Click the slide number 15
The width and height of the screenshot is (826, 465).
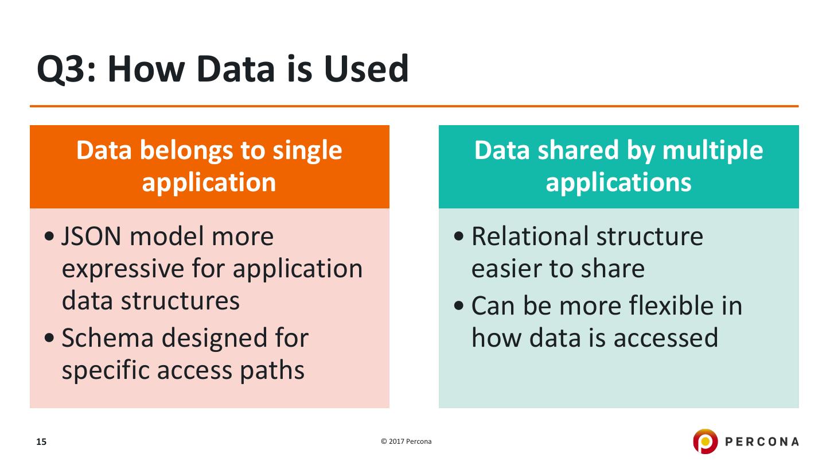coord(41,442)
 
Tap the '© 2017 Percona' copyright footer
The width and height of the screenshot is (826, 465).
coord(406,441)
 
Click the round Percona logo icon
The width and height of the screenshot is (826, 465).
coord(705,441)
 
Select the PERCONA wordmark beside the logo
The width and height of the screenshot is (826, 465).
coord(762,441)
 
